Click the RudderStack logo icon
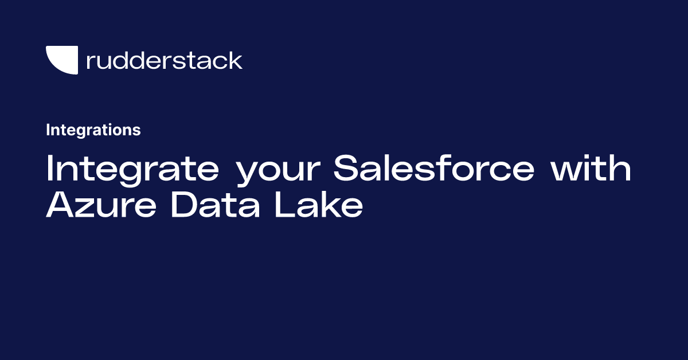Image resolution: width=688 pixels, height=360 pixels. [61, 60]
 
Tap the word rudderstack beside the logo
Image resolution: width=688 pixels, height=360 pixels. [164, 60]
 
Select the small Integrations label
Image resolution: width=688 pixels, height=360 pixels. [93, 130]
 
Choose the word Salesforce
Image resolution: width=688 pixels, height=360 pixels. [433, 170]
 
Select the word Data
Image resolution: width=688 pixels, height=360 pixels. [216, 205]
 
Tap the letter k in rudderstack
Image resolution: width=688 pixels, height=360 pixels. [235, 60]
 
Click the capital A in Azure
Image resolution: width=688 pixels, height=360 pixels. [60, 205]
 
